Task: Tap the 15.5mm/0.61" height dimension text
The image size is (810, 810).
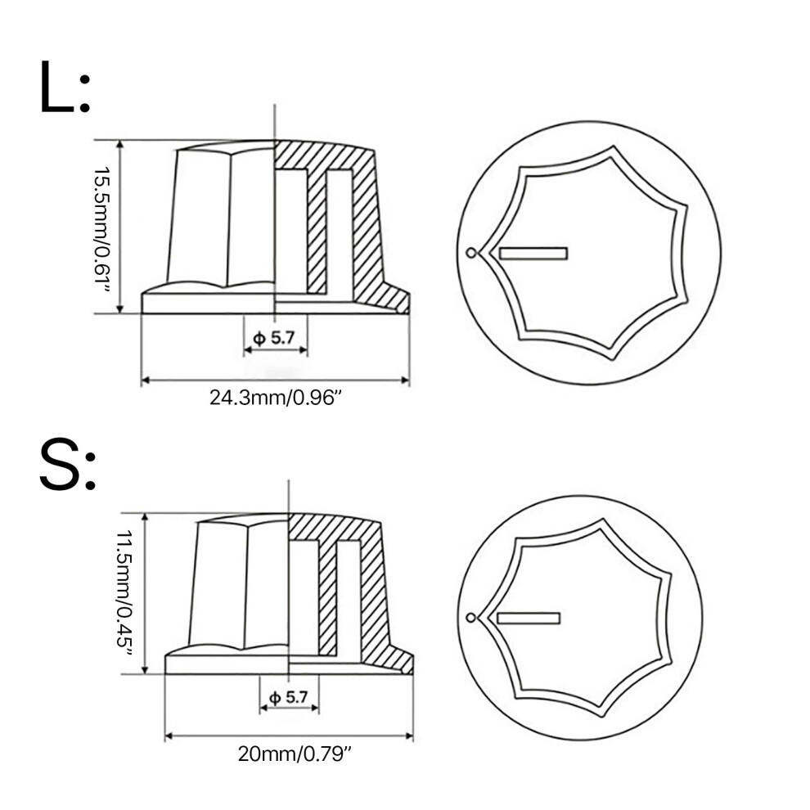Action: [x=101, y=229]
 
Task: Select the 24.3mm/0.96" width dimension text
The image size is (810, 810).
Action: [x=276, y=398]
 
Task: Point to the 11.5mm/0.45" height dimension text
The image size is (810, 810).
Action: [x=124, y=594]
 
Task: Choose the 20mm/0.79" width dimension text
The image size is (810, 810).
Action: [x=295, y=754]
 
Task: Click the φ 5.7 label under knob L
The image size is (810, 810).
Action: [x=274, y=339]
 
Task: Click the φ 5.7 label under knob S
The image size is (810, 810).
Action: [x=289, y=698]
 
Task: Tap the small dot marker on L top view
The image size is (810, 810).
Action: [x=470, y=253]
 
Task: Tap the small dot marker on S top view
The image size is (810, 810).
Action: [x=470, y=617]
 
